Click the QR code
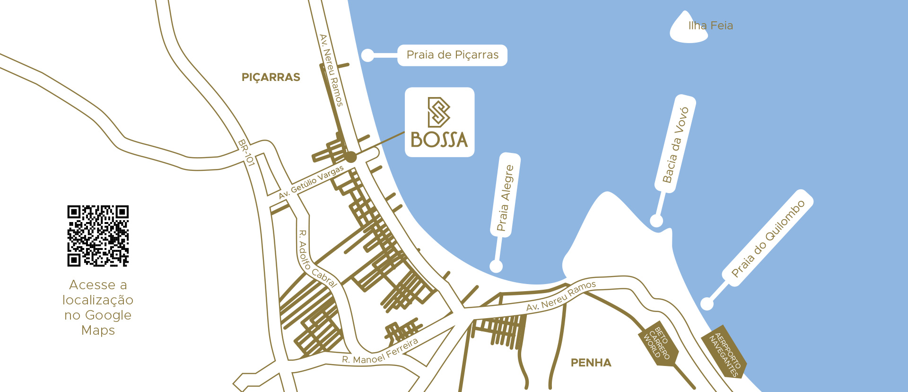click(x=98, y=236)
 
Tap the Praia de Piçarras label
click(x=452, y=55)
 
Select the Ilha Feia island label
click(x=710, y=26)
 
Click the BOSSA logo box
click(x=439, y=122)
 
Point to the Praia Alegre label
click(x=505, y=198)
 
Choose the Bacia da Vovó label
click(x=675, y=144)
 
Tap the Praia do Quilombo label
click(x=768, y=238)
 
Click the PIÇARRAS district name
click(x=271, y=77)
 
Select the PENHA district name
click(x=591, y=363)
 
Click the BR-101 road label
click(x=246, y=152)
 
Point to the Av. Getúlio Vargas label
click(x=311, y=182)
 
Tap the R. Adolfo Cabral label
click(x=316, y=258)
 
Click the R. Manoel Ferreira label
click(x=380, y=352)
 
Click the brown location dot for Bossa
click(x=350, y=156)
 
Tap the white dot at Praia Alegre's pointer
click(x=496, y=266)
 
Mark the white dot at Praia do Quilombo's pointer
click(x=707, y=303)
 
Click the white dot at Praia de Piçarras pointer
click(x=367, y=55)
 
